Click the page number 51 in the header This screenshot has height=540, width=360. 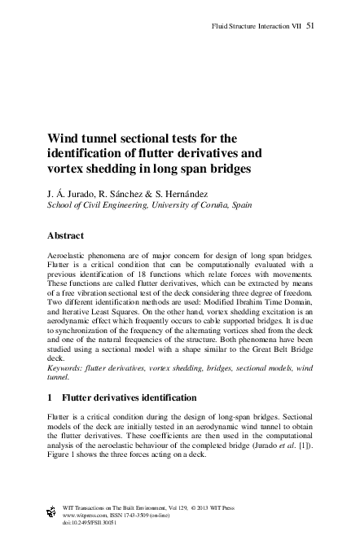(x=310, y=27)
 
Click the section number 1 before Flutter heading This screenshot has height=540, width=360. (x=54, y=397)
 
